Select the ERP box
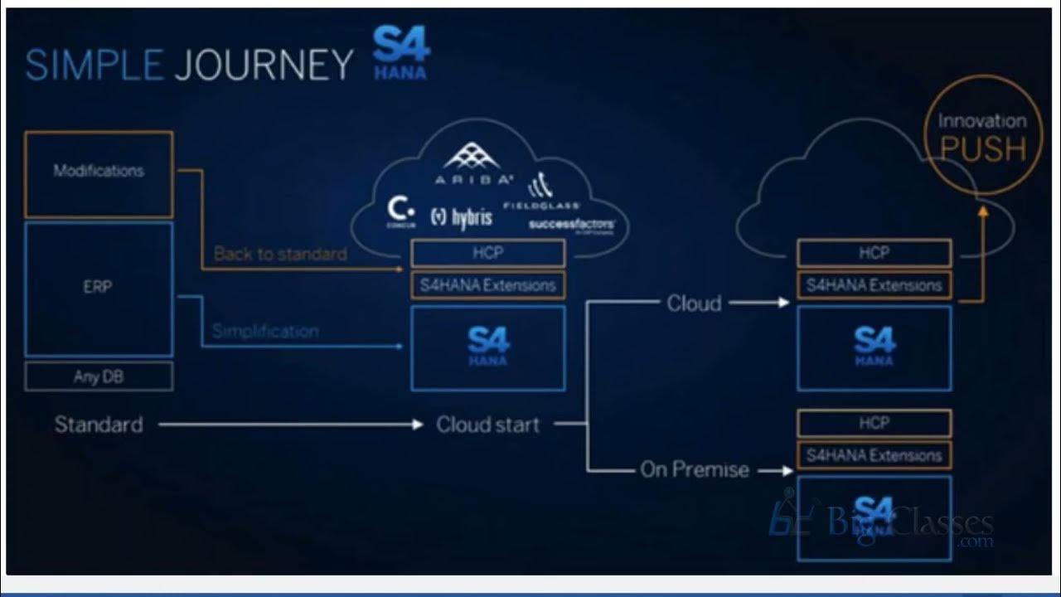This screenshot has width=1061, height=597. (99, 288)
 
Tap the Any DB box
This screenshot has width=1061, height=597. (99, 376)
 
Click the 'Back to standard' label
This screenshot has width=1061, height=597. (280, 254)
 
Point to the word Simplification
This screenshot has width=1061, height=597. (265, 331)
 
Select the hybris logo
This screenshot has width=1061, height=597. (462, 217)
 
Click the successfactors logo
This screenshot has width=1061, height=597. (572, 225)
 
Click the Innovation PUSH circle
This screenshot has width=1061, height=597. (981, 137)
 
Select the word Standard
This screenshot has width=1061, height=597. (99, 425)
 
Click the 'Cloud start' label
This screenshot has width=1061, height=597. (487, 425)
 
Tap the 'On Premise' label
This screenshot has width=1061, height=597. (694, 470)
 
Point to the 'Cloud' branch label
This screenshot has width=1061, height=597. (694, 303)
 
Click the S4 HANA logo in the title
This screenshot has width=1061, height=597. (400, 52)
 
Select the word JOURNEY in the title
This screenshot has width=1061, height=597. (264, 65)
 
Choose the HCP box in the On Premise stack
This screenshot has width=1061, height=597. (874, 423)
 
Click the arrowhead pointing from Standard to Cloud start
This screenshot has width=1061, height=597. (418, 425)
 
